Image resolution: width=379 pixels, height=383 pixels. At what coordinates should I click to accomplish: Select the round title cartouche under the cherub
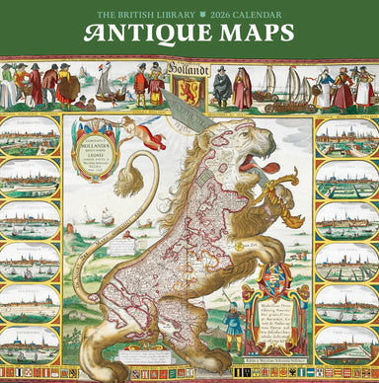pos(94,156)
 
